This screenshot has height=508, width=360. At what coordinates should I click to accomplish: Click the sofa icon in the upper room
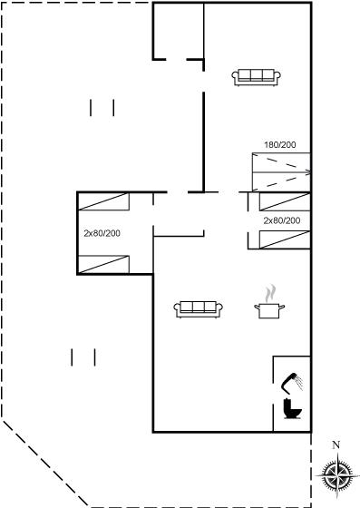point(256,77)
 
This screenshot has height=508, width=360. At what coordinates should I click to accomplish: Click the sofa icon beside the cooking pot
point(198,309)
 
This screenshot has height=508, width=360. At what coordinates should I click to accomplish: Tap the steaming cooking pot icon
point(269,302)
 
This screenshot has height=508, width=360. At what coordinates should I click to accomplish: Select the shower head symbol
point(292,383)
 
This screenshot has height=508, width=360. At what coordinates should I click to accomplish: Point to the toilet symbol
point(292,409)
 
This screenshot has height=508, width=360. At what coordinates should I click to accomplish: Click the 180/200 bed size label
point(280,145)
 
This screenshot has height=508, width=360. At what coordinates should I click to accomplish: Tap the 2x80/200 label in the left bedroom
point(102,233)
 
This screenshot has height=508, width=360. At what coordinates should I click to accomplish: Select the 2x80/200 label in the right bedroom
point(282,220)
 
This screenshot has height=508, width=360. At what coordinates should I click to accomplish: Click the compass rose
point(337,475)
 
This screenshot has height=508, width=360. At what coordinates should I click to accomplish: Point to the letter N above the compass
point(336,445)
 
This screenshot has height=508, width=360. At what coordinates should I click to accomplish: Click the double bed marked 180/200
point(281,172)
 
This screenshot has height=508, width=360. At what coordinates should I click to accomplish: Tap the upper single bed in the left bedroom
point(103,201)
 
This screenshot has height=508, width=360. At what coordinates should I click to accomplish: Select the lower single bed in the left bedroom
point(103,264)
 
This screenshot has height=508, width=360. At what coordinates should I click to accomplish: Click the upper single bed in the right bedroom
point(285,201)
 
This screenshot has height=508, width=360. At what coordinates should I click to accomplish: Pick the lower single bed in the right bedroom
point(285,239)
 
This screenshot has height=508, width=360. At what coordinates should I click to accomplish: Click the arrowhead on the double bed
point(308,172)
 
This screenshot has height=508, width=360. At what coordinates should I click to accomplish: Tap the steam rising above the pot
point(270,293)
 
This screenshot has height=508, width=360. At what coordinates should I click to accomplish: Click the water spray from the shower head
point(299,383)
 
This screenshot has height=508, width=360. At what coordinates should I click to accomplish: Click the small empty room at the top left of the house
point(179,31)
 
